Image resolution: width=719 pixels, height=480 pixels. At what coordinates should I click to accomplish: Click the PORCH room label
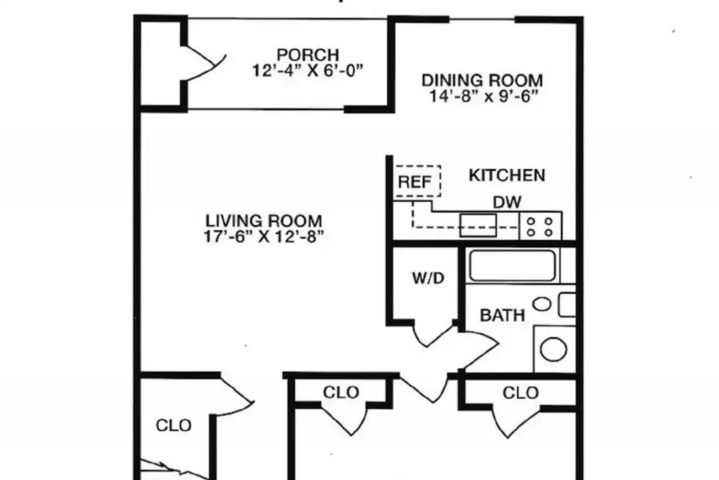click(x=308, y=55)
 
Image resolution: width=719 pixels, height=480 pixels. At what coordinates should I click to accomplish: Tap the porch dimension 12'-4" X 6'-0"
click(x=308, y=71)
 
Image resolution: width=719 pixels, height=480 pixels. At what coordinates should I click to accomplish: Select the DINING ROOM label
click(x=483, y=81)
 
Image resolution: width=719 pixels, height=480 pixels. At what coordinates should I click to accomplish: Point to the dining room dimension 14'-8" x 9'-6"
click(x=483, y=97)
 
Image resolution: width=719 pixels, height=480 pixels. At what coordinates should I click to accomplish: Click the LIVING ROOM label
click(x=264, y=221)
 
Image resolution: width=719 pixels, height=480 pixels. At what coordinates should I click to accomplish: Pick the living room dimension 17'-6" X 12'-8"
click(x=264, y=237)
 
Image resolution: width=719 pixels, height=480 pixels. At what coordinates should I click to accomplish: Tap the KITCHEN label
click(x=507, y=175)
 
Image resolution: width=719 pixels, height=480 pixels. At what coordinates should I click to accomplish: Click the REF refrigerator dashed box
click(x=417, y=181)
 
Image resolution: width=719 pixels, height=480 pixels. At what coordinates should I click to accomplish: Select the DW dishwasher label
click(x=507, y=202)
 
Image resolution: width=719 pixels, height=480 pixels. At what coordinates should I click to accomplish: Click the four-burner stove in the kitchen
click(x=540, y=226)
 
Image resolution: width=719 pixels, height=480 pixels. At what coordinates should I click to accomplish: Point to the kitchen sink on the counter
click(x=478, y=225)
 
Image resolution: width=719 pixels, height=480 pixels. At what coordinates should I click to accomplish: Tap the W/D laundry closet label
click(x=428, y=278)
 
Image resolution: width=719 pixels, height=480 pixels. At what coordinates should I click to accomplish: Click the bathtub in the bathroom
click(x=512, y=265)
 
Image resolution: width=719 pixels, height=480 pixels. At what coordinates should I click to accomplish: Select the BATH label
click(x=502, y=315)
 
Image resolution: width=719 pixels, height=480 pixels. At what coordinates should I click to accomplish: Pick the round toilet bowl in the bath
click(x=553, y=349)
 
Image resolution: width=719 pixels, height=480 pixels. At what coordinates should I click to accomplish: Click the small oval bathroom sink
click(x=542, y=304)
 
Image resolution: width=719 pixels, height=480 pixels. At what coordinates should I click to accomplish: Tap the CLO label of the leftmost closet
click(x=173, y=426)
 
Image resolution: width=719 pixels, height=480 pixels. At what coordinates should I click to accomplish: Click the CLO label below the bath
click(x=521, y=393)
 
